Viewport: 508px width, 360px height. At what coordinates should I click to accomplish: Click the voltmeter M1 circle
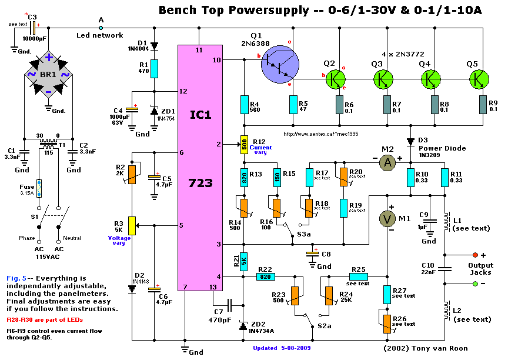387,219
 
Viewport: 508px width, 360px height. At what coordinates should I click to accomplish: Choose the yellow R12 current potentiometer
243,144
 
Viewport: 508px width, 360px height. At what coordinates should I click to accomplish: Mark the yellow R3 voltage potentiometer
132,225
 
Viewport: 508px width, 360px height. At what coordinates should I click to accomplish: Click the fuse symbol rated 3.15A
39,188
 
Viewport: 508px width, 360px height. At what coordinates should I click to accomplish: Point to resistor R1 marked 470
153,68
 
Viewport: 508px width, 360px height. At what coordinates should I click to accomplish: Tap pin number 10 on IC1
216,60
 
